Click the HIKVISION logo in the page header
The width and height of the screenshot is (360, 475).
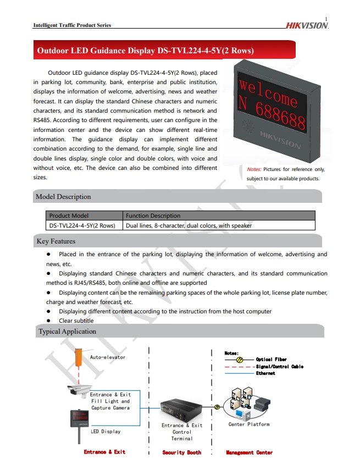click(x=306, y=26)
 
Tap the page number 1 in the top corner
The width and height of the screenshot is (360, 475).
click(x=326, y=20)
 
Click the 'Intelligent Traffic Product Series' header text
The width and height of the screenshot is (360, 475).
click(x=72, y=25)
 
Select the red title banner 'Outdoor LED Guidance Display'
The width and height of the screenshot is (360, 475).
click(x=145, y=51)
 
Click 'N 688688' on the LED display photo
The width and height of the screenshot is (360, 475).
click(x=272, y=111)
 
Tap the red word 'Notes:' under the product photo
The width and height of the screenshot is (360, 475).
click(x=254, y=169)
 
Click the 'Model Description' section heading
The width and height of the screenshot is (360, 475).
click(x=63, y=197)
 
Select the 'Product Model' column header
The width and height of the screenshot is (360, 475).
click(x=69, y=216)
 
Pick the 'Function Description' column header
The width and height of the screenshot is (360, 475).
click(x=153, y=216)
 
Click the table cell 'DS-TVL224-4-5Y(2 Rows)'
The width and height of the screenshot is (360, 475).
click(x=82, y=225)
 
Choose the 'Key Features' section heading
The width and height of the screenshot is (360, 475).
click(x=56, y=241)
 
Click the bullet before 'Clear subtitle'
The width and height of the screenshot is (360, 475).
click(x=48, y=321)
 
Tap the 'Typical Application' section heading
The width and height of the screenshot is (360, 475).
click(x=67, y=332)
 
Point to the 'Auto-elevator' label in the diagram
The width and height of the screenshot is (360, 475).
click(x=108, y=357)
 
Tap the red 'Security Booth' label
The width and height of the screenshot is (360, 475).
click(x=182, y=452)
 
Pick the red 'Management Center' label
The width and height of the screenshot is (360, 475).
click(x=249, y=452)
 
